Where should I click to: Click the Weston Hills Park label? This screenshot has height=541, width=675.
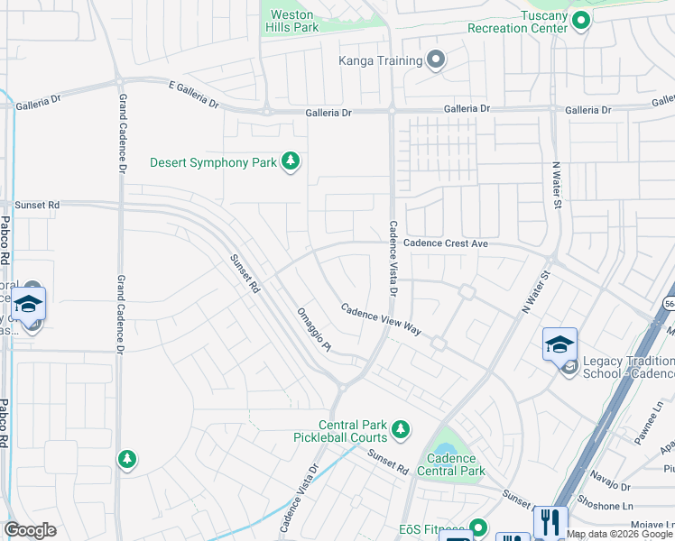click(x=292, y=21)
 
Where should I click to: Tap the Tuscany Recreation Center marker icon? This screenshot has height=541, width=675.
click(x=582, y=20)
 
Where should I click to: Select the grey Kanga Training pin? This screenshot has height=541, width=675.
click(x=436, y=60)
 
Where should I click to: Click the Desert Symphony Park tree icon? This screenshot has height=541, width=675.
click(x=290, y=162)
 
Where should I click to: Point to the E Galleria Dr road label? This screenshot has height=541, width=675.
click(x=193, y=93)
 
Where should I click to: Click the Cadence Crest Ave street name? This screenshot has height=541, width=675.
click(x=446, y=243)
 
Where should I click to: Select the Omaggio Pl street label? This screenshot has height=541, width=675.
click(x=315, y=329)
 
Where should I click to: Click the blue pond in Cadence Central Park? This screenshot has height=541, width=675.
click(x=445, y=448)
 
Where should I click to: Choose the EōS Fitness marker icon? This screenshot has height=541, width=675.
click(x=477, y=527)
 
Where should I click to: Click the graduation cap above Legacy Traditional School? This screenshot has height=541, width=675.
click(x=559, y=344)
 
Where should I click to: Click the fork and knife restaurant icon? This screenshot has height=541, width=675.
click(x=550, y=521)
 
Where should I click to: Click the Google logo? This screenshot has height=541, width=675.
click(x=30, y=530)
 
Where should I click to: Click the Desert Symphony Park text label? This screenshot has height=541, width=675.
click(x=213, y=163)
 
